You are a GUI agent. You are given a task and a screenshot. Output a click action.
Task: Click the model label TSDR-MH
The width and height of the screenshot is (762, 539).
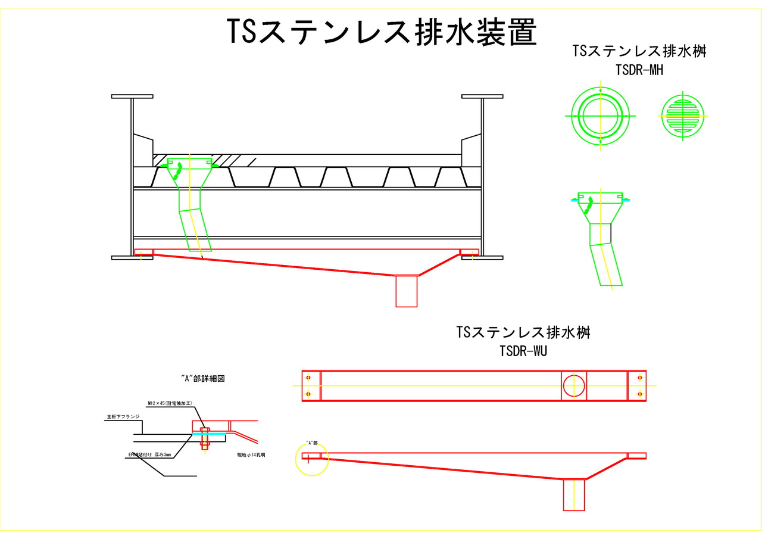[639, 70]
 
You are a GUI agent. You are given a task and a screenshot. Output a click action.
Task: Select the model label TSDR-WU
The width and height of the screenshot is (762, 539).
[523, 351]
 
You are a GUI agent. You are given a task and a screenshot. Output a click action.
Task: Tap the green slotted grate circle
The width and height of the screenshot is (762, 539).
[683, 115]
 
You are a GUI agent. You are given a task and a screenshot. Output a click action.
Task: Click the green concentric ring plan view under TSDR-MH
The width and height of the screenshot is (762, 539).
[601, 116]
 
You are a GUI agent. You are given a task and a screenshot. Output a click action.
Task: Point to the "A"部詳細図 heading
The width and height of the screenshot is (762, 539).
[202, 378]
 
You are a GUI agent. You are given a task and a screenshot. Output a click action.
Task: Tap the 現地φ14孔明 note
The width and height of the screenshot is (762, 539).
[251, 454]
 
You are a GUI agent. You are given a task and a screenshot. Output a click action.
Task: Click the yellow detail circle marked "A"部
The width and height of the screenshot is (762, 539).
[312, 459]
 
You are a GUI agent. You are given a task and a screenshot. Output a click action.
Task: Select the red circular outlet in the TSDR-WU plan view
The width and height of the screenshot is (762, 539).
[574, 386]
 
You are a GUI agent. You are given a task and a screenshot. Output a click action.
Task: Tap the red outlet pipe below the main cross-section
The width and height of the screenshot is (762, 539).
[407, 291]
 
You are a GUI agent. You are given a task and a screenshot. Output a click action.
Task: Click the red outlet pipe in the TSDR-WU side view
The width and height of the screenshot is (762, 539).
[574, 494]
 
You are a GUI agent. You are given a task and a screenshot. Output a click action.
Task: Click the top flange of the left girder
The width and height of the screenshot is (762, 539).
[132, 96]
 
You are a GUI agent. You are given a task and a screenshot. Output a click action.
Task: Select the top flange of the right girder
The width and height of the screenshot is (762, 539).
[482, 96]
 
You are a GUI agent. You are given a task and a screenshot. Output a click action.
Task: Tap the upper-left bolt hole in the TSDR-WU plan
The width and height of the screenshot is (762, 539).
[308, 378]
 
